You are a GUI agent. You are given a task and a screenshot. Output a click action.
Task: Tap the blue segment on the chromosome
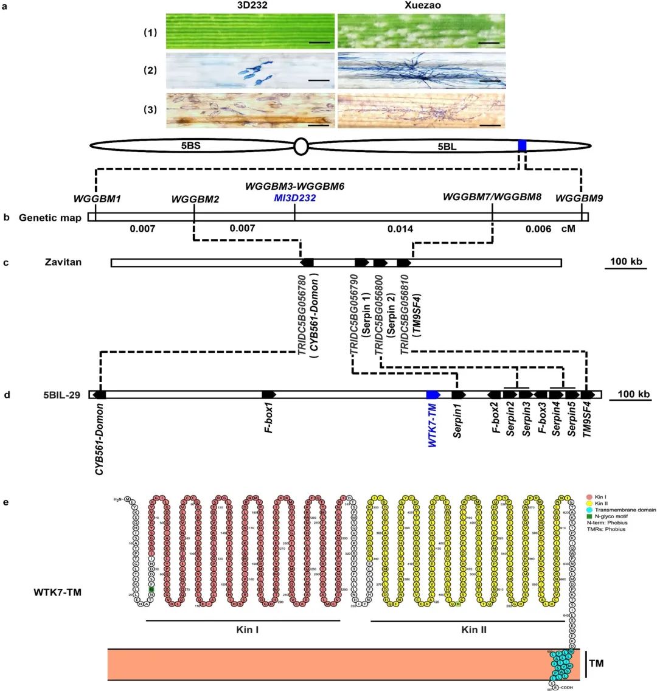coord(522,145)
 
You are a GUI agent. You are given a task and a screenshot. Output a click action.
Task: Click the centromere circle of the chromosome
coord(300,147)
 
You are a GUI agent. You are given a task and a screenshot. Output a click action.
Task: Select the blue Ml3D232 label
coord(295,198)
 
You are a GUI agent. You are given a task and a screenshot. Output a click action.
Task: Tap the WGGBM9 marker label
coord(579,198)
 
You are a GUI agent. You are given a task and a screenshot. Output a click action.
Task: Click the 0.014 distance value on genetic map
coord(400,229)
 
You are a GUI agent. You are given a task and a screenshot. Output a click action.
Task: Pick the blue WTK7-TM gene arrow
coord(433,394)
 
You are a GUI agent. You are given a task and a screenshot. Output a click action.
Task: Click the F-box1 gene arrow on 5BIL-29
coord(269,394)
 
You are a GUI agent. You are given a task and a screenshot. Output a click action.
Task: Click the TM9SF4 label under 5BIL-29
coord(588,420)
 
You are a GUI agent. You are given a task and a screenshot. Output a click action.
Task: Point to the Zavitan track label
coord(63,263)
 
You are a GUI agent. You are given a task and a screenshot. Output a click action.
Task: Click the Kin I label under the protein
coord(248,630)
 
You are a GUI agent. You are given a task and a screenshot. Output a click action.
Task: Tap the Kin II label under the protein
coord(474,630)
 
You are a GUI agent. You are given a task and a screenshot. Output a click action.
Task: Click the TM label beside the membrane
coord(597,663)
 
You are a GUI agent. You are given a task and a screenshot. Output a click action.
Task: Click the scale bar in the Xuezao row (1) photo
coord(493,43)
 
